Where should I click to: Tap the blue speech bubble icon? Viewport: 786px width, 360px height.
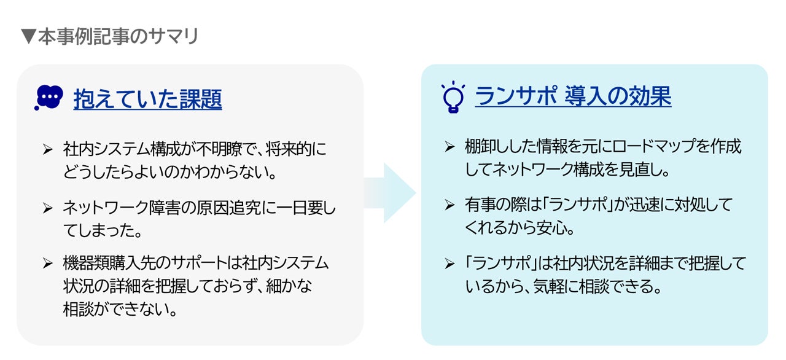[50, 98]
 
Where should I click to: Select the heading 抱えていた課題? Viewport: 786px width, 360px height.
[147, 98]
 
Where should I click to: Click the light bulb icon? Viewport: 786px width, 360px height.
[453, 97]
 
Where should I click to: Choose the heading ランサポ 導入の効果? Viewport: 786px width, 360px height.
[573, 97]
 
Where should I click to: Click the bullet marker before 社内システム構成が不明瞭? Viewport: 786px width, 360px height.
[49, 149]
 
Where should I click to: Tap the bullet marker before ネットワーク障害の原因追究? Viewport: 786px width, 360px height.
[49, 208]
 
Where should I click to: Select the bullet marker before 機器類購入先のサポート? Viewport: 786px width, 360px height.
[49, 264]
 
